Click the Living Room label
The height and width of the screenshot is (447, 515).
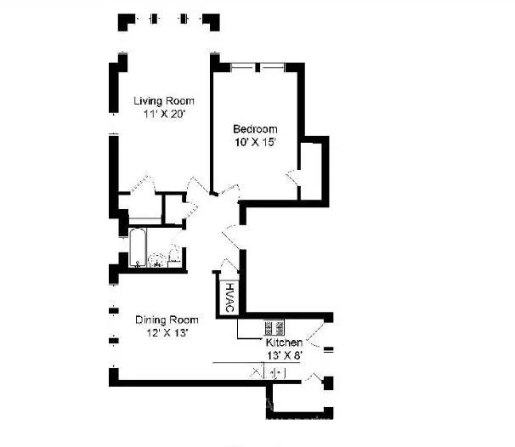(x=164, y=101)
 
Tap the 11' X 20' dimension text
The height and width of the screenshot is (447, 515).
(x=165, y=114)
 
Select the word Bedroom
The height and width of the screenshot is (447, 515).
(x=255, y=129)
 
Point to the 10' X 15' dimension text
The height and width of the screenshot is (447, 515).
(x=255, y=143)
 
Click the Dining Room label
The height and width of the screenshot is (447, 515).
(x=167, y=320)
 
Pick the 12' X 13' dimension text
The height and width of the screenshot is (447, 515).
(x=167, y=333)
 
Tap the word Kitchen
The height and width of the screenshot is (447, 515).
(x=284, y=342)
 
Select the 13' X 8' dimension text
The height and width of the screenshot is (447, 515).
(x=285, y=356)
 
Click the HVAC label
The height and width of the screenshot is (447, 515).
(x=230, y=297)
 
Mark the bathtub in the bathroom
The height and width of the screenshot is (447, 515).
(x=138, y=247)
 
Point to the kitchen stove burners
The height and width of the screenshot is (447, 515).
(x=274, y=327)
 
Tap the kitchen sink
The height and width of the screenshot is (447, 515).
(x=278, y=373)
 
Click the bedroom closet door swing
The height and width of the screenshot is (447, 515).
(x=292, y=178)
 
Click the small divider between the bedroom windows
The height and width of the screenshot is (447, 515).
(x=257, y=68)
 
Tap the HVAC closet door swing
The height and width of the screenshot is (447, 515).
(x=229, y=265)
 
